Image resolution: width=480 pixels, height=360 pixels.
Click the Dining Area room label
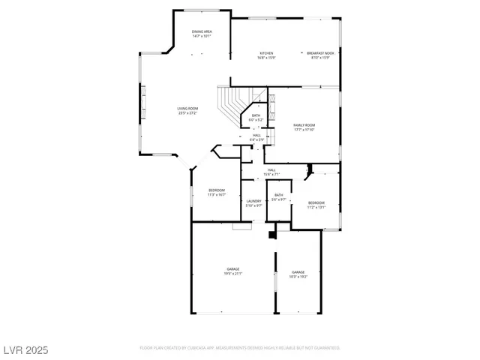click(202, 31)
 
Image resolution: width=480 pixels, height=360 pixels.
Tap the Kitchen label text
click(266, 53)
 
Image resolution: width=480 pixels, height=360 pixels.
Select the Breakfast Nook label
click(320, 53)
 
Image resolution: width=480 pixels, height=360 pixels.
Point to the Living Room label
click(187, 109)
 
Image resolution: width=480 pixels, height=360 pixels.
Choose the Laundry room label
click(253, 200)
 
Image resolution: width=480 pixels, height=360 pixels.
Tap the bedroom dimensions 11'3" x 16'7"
click(217, 194)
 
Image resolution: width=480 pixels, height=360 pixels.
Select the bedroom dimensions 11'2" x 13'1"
click(316, 207)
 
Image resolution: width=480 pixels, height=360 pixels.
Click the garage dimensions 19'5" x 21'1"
click(233, 273)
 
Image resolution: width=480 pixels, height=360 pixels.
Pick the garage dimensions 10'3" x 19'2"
click(298, 276)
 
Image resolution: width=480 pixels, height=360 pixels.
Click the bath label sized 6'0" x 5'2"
click(256, 119)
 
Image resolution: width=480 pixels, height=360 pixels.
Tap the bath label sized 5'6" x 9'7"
click(278, 199)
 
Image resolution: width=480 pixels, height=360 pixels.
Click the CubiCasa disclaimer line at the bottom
click(239, 348)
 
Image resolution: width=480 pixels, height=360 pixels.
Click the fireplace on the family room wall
click(272, 103)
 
